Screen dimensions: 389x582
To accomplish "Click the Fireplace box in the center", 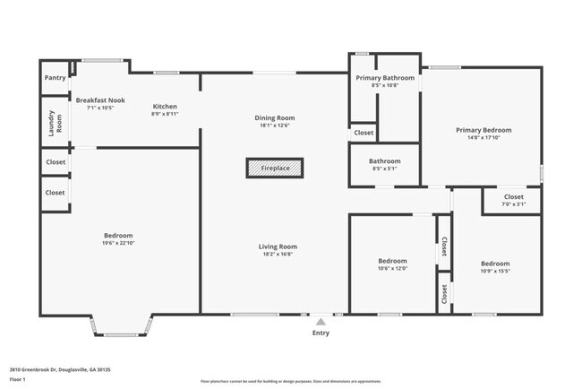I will [275, 168].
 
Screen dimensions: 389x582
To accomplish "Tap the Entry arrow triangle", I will [321, 320].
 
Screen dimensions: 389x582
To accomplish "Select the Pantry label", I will [55, 78].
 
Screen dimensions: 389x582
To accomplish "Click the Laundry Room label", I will [56, 123].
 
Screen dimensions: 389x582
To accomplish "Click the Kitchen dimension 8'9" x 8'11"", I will [165, 114].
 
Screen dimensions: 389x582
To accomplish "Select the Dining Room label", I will [275, 117].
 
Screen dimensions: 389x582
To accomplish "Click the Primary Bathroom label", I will [385, 78].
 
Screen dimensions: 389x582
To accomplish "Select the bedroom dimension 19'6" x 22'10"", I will [117, 243].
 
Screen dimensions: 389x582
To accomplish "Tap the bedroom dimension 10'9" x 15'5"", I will [495, 271].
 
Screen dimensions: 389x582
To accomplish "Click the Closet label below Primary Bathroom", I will [364, 133].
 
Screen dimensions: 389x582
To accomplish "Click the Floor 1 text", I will [17, 379].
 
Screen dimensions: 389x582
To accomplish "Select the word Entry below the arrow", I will [321, 333].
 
